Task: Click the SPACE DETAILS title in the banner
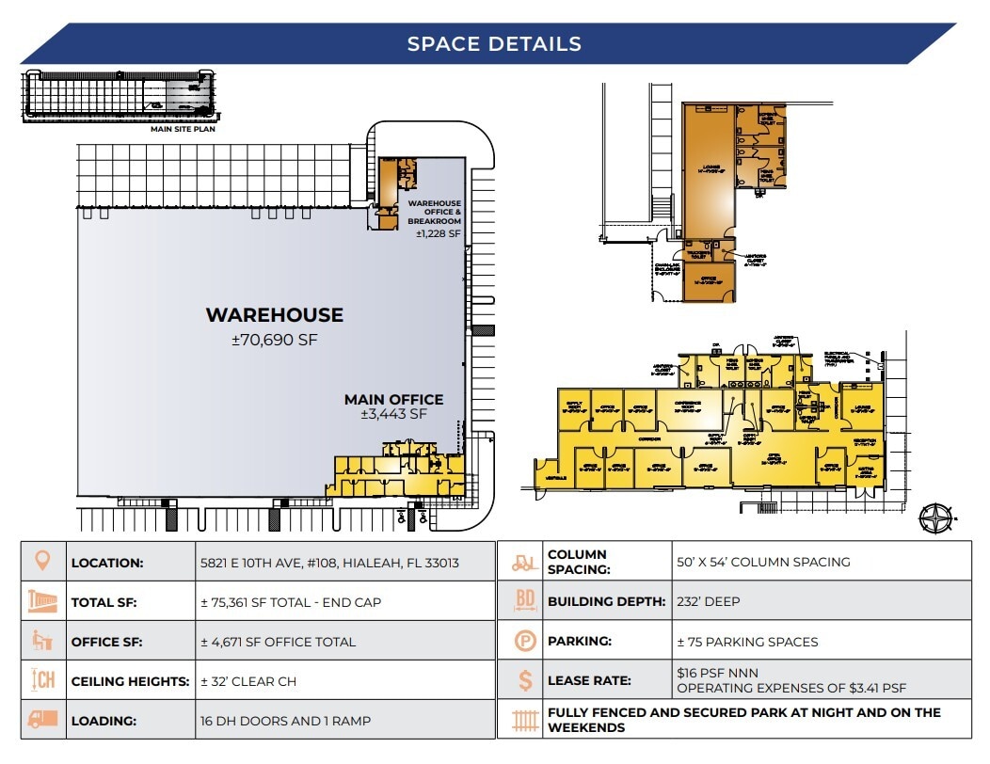tap(494, 43)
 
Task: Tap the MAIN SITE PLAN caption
tap(183, 130)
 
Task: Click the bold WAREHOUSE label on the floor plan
tap(274, 315)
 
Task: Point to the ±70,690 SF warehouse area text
tap(274, 340)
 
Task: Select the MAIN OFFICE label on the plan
tap(393, 399)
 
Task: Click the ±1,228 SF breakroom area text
tap(439, 232)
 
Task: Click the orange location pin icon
tap(42, 562)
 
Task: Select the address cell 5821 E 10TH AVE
tap(328, 563)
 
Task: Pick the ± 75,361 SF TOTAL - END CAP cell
tap(290, 602)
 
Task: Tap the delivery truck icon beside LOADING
tap(42, 721)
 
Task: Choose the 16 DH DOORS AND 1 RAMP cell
tap(285, 721)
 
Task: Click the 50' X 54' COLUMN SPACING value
tap(762, 562)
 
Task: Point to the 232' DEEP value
tap(709, 601)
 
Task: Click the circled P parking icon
tap(524, 641)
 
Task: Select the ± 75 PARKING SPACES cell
tap(747, 642)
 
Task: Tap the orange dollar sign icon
tap(525, 680)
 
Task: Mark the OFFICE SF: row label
tap(106, 642)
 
